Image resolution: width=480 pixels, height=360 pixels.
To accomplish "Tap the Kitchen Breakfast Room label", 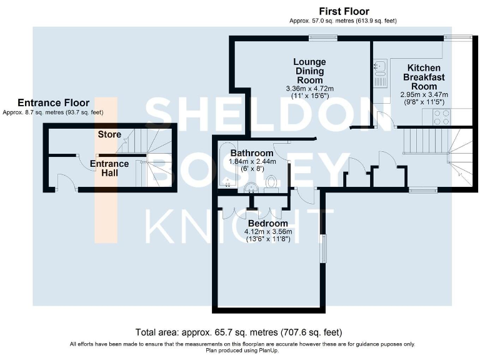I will pyautogui.click(x=424, y=77).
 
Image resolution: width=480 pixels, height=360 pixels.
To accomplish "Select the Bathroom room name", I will pyautogui.click(x=252, y=153).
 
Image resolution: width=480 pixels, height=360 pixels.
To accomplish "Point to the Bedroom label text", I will pyautogui.click(x=268, y=223).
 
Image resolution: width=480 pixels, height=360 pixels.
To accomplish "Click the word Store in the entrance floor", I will pyautogui.click(x=109, y=134).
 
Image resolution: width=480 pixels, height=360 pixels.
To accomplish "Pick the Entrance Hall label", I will pyautogui.click(x=109, y=168).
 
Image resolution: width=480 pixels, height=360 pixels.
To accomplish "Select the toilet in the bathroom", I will pyautogui.click(x=271, y=181).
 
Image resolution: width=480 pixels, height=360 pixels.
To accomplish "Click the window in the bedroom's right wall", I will pyautogui.click(x=322, y=248).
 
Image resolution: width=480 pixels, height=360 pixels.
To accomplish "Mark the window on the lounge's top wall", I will pyautogui.click(x=319, y=37).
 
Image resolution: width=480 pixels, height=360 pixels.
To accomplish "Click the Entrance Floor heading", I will pyautogui.click(x=53, y=103).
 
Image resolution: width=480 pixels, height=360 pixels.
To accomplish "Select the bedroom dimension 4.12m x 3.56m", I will pyautogui.click(x=268, y=232).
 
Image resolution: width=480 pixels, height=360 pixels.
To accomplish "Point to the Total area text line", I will pyautogui.click(x=239, y=332).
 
